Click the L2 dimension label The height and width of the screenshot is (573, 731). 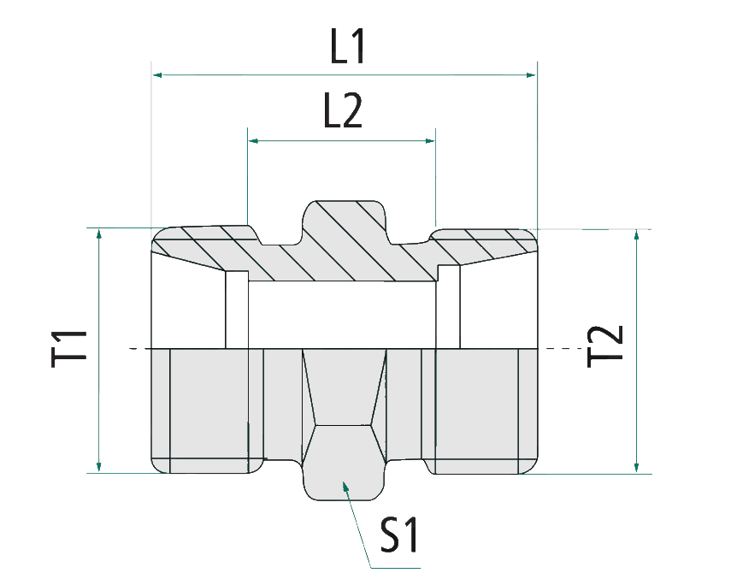[x=343, y=111]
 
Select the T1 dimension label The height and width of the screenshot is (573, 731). [x=71, y=348]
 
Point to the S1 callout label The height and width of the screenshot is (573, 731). [x=399, y=535]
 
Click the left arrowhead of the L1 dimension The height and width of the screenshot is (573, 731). [x=157, y=75]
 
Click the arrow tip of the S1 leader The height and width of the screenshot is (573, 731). [x=345, y=485]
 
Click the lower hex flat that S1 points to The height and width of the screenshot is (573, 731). [x=343, y=466]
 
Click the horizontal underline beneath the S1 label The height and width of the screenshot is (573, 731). [x=394, y=567]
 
